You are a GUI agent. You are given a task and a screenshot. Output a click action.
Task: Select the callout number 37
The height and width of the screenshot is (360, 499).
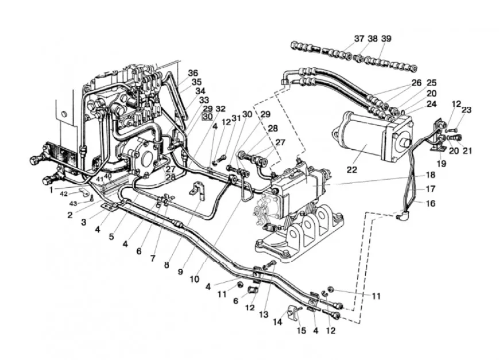point(359,38)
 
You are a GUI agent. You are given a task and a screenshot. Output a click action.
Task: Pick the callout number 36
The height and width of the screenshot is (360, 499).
point(193,73)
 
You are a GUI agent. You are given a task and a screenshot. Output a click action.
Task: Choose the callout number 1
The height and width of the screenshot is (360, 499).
point(51,188)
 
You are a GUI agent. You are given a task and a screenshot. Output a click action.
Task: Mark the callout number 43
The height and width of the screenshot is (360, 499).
point(72,204)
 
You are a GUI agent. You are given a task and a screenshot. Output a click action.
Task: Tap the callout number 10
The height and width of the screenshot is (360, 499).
point(194,278)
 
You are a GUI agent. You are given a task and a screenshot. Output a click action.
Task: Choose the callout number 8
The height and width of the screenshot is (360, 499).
point(166,265)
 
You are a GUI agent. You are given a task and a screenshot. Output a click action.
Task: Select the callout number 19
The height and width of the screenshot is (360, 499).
point(440,163)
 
